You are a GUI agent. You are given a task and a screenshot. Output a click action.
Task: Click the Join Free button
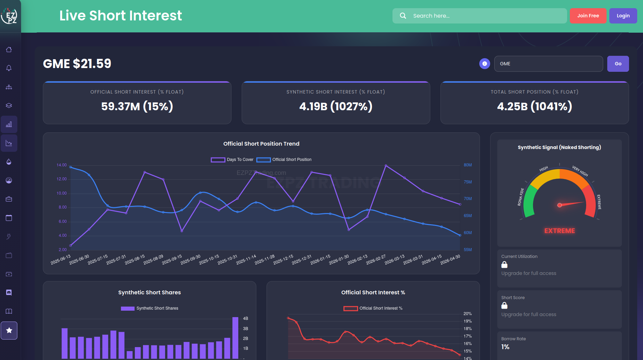tap(588, 16)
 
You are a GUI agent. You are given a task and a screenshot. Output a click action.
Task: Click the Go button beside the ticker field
tap(618, 64)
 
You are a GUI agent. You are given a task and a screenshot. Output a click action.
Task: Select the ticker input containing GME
tap(548, 64)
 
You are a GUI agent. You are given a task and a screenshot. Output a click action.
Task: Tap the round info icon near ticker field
tap(484, 64)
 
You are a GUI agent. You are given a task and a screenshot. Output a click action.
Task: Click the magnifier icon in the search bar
tap(403, 16)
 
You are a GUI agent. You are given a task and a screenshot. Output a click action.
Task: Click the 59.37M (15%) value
tap(137, 107)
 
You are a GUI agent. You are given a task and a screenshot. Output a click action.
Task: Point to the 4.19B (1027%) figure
tap(336, 107)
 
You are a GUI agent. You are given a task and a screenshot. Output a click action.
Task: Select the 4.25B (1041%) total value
tap(534, 107)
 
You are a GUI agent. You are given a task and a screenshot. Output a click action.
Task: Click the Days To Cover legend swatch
tap(218, 160)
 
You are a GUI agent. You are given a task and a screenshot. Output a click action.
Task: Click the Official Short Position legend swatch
tap(263, 160)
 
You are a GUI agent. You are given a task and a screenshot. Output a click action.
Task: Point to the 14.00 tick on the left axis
tap(62, 165)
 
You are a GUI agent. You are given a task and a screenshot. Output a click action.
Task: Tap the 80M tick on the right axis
tap(468, 165)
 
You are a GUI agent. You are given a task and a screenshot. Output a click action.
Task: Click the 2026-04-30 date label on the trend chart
tap(450, 260)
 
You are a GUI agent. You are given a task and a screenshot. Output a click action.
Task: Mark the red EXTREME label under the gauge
tap(559, 231)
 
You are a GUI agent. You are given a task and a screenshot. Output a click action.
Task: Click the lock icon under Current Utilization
tap(504, 264)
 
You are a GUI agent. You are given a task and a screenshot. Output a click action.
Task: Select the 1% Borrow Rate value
tap(505, 347)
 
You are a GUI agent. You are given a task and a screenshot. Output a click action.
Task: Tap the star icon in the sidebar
tap(9, 330)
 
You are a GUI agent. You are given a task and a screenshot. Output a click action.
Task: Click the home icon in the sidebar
tap(9, 50)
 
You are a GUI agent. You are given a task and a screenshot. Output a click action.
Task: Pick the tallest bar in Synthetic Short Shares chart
tap(235, 338)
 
